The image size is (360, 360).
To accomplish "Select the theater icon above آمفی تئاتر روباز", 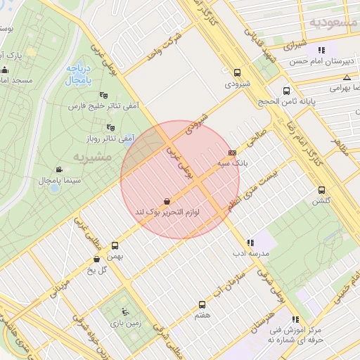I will tap(110, 127).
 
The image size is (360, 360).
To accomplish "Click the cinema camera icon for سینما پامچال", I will tap(58, 169).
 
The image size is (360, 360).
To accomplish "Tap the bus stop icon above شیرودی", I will tap(237, 72).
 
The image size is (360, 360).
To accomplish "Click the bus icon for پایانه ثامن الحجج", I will tap(286, 91).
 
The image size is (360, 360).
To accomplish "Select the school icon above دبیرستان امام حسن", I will tap(321, 50).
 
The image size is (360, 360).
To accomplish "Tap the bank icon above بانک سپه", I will tap(232, 152).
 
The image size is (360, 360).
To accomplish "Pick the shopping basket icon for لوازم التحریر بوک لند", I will tap(166, 200).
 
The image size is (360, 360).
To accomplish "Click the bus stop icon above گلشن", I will tap(321, 190).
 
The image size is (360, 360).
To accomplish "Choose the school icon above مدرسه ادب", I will tap(250, 243).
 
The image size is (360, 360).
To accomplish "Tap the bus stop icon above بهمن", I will tap(115, 246).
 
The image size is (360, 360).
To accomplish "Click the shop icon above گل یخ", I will tap(96, 259).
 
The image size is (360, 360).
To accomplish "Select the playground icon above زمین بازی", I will tap(125, 312).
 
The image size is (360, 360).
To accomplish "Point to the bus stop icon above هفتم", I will tap(202, 305).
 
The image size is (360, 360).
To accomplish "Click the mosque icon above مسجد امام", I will tap(6, 70).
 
